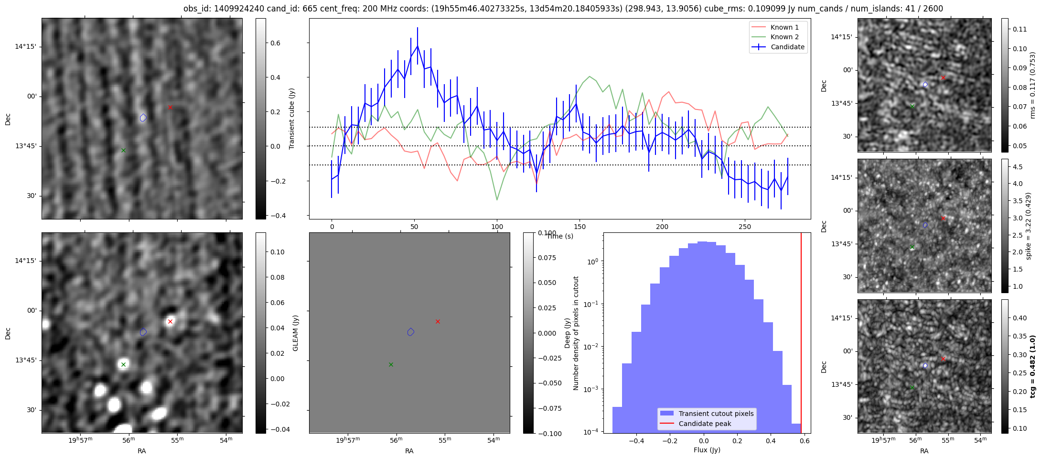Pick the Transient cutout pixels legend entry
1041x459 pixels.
point(716,414)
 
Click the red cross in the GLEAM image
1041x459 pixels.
point(170,321)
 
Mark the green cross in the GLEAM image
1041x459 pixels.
point(123,364)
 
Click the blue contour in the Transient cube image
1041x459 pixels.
point(143,118)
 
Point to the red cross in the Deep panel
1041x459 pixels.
point(438,321)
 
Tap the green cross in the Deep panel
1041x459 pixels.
point(391,364)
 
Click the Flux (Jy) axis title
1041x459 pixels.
point(707,450)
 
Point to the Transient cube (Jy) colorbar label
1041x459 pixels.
point(292,119)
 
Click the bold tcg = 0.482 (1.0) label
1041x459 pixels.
point(1032,366)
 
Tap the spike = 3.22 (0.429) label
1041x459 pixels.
point(1029,226)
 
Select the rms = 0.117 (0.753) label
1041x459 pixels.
point(1032,85)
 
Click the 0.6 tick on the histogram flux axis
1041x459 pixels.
point(805,441)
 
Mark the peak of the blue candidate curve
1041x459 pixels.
point(418,46)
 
